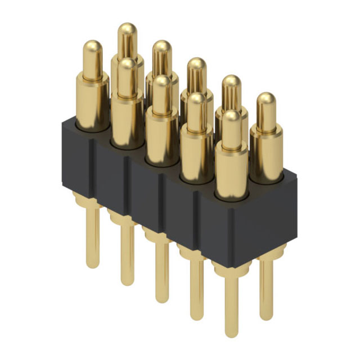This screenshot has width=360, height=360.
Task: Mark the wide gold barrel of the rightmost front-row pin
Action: click(231, 172)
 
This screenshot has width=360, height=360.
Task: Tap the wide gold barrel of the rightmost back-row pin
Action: click(265, 152)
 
